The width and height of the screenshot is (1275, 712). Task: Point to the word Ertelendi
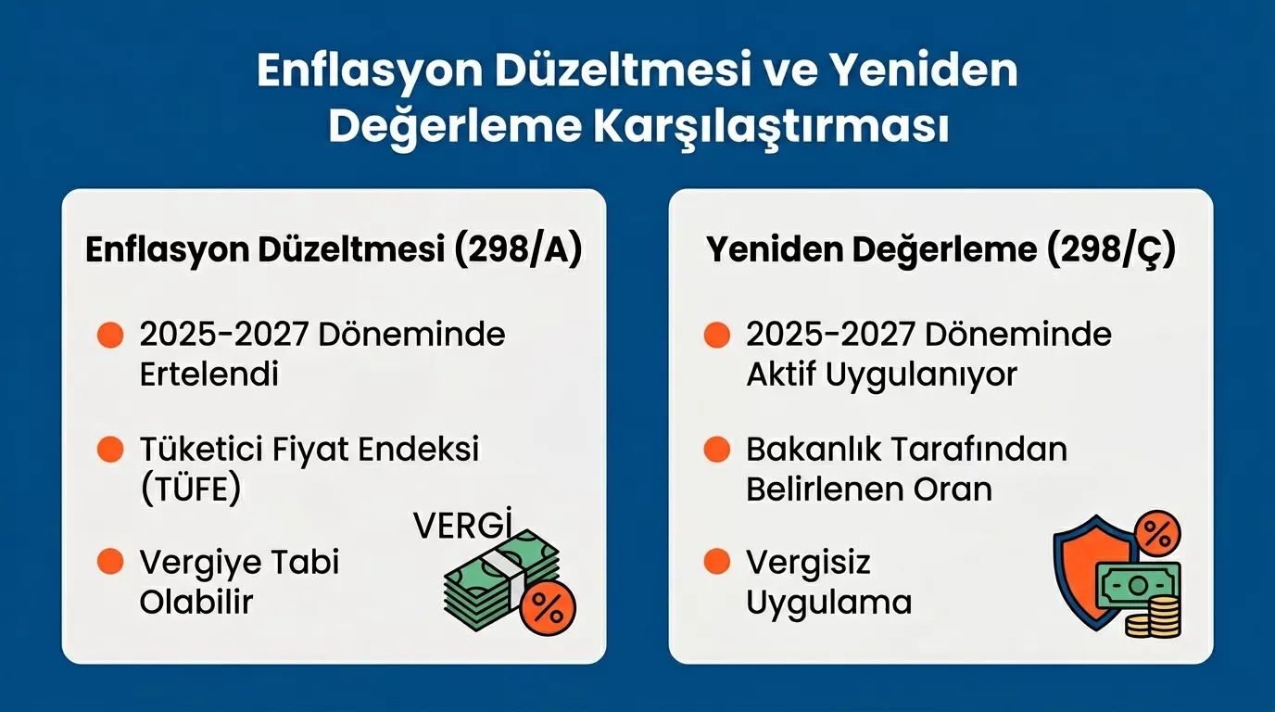[208, 375]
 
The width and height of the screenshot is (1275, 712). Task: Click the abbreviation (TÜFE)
[190, 489]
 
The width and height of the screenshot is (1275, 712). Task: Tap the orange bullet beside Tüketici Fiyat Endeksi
[110, 451]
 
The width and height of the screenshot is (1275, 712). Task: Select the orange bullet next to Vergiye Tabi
[110, 562]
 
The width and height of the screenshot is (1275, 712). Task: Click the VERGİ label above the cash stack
[462, 526]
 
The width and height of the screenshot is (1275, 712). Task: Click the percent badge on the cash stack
[548, 608]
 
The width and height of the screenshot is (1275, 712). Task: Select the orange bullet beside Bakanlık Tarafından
[716, 451]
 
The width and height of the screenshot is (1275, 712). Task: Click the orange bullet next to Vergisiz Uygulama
[716, 562]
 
